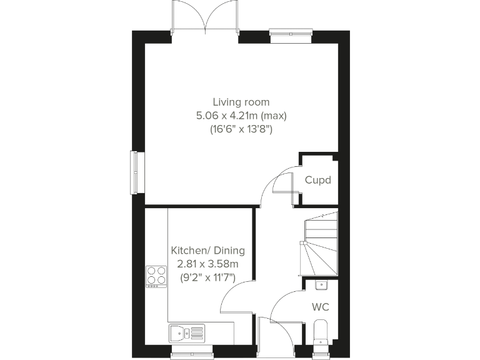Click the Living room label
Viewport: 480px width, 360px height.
[x=241, y=102]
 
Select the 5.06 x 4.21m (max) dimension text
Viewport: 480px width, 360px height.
[x=241, y=116]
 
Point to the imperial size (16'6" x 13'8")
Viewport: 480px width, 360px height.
[x=241, y=131]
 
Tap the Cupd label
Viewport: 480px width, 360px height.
[x=317, y=180]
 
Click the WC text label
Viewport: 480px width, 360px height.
[x=321, y=307]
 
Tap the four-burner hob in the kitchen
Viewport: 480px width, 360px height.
[x=157, y=276]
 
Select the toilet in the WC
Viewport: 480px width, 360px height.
[x=320, y=332]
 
